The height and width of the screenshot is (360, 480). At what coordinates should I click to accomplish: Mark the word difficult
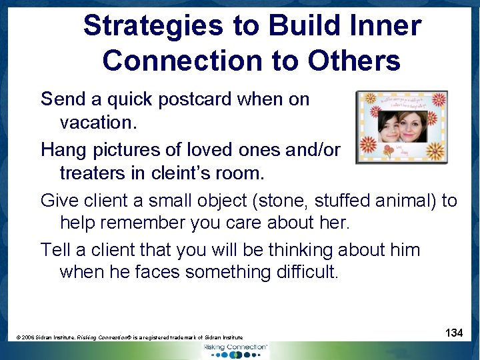tap(303, 272)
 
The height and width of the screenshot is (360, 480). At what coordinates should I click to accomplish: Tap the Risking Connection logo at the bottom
tap(235, 351)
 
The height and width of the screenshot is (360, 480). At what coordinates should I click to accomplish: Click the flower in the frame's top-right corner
tap(438, 101)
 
